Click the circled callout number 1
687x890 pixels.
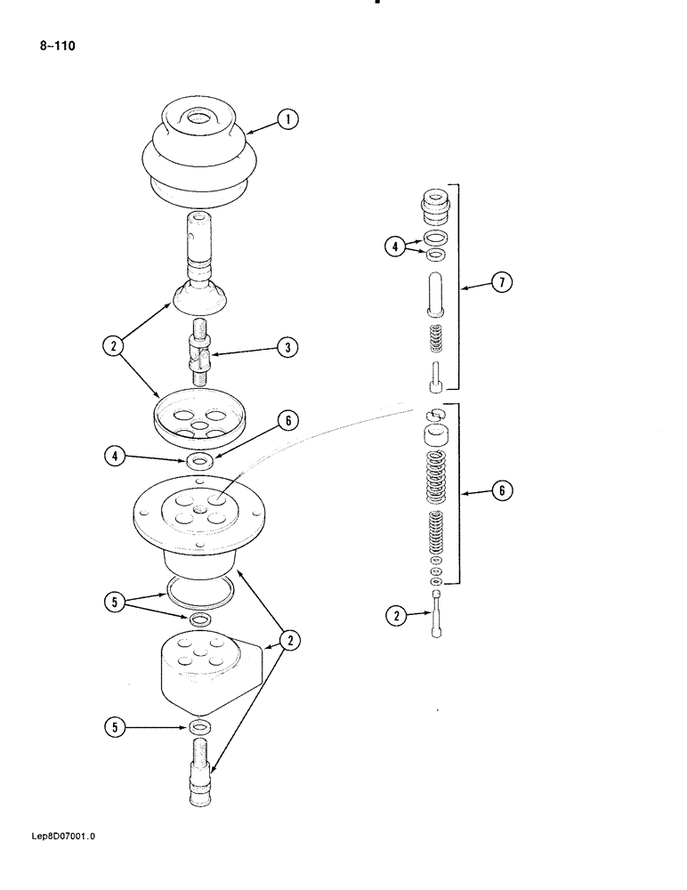pos(287,119)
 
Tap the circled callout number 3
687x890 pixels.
pos(287,348)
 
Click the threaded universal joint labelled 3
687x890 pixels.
pos(200,352)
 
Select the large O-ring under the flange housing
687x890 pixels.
pos(200,588)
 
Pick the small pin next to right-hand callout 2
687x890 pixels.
pos(436,613)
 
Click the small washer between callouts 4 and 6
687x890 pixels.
pos(200,460)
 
